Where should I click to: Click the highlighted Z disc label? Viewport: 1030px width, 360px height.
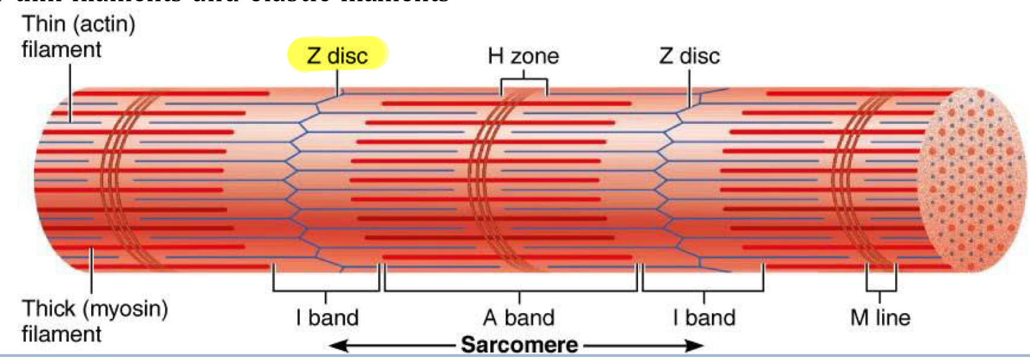tap(337, 55)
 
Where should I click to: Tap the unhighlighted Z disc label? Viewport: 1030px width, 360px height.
tap(689, 56)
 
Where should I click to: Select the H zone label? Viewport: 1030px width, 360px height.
tap(523, 56)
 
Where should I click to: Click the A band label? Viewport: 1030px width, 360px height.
tap(519, 317)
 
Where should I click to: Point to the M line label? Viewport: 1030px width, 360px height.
tap(880, 317)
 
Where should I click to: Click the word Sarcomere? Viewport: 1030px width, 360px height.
tap(519, 345)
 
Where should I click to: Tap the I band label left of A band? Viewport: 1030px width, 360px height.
tap(327, 317)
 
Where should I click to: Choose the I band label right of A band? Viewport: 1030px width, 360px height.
tap(704, 317)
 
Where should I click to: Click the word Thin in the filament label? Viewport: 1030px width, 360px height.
tap(43, 25)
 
